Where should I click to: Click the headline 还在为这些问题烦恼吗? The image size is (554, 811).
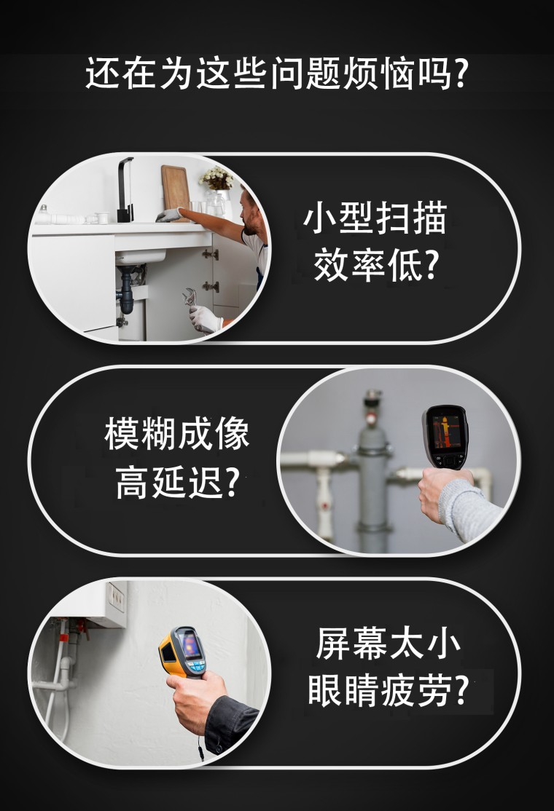click(277, 73)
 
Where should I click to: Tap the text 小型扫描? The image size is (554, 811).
click(375, 218)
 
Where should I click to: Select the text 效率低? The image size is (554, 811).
click(376, 265)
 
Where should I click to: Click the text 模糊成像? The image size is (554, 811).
click(177, 433)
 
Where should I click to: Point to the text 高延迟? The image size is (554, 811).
click(178, 481)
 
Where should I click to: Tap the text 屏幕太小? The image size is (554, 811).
click(389, 644)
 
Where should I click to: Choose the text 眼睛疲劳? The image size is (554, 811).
click(389, 691)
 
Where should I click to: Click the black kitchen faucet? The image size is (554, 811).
click(125, 189)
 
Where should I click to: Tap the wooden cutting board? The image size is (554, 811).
click(176, 192)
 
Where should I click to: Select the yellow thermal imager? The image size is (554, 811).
click(183, 652)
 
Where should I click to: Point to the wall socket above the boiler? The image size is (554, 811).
click(116, 596)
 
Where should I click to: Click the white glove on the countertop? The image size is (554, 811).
click(169, 215)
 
